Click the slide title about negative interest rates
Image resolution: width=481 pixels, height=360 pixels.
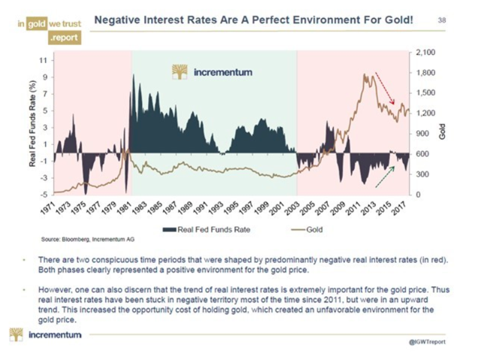253,17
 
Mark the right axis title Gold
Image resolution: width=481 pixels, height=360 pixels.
443,129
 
